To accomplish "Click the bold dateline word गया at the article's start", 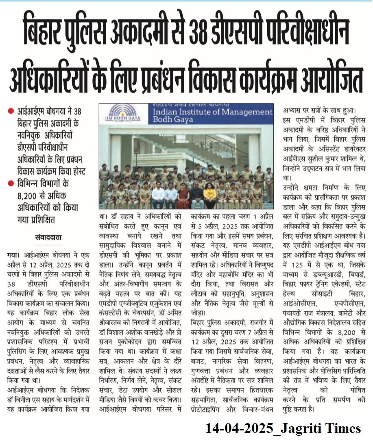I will [13, 255].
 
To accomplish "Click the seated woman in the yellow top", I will [210, 194].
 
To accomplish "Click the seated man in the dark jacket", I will [196, 194].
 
